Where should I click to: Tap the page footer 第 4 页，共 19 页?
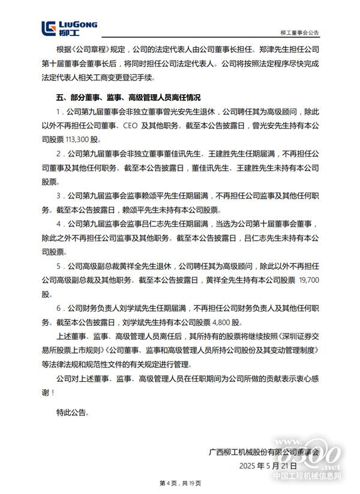click(x=179, y=483)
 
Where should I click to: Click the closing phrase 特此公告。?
click(x=71, y=412)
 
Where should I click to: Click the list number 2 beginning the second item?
click(x=58, y=154)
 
